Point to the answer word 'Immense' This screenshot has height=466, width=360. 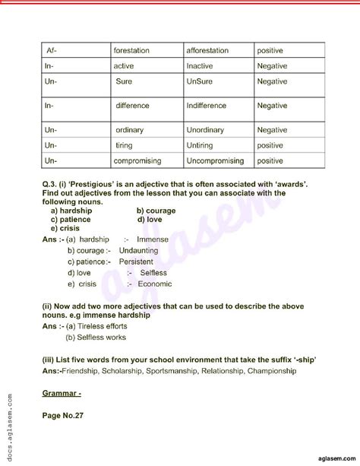coord(152,239)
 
